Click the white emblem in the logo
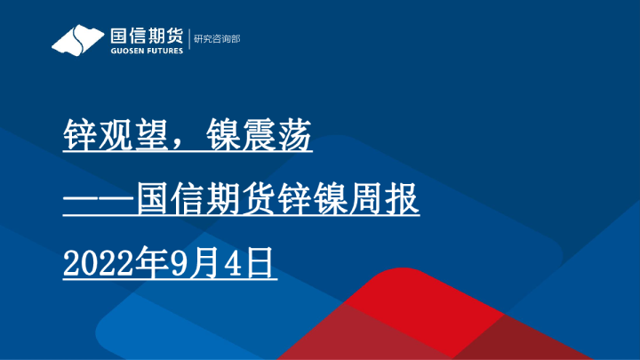pyautogui.click(x=77, y=40)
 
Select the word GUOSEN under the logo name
pyautogui.click(x=125, y=51)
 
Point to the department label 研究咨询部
pyautogui.click(x=217, y=39)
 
